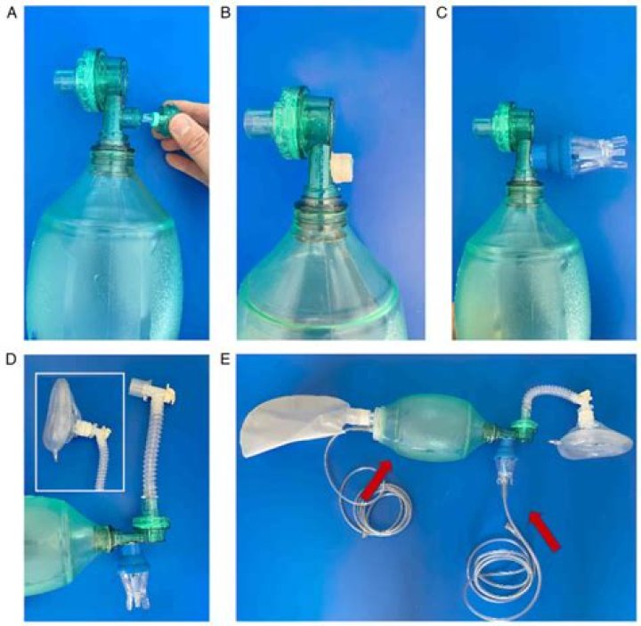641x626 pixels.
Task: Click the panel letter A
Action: pos(12,13)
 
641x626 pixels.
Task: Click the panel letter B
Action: pos(225,13)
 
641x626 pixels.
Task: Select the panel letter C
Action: pos(441,13)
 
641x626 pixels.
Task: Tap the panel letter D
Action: pos(12,360)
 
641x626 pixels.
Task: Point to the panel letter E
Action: pos(225,360)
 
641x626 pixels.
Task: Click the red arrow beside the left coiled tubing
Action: pos(376,480)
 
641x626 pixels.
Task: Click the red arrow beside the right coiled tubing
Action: pos(544,530)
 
